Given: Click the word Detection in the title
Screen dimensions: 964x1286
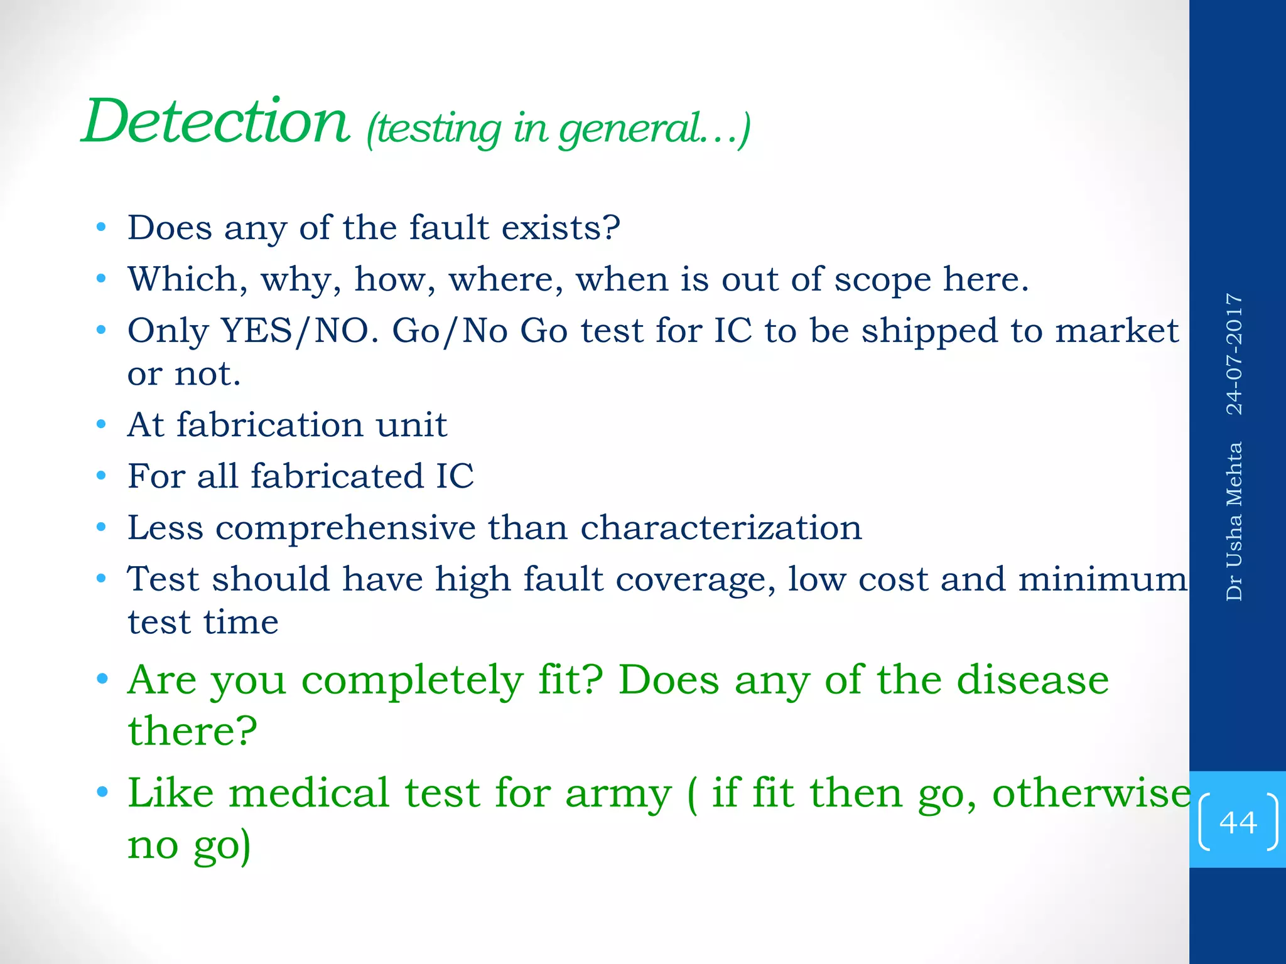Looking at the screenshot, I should click(216, 122).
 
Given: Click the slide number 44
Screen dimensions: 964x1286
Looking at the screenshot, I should click(1238, 822).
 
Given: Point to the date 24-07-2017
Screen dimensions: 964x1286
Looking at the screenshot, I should click(1235, 354).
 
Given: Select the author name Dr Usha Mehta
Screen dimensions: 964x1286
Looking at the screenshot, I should click(1235, 522).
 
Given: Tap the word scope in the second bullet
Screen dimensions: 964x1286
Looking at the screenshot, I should click(882, 279).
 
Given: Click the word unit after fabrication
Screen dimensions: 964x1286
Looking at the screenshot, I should click(411, 425).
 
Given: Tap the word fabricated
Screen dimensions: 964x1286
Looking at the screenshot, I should click(337, 476).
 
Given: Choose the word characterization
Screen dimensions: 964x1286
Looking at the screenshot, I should click(721, 527).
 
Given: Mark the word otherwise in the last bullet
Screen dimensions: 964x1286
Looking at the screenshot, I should click(1091, 793).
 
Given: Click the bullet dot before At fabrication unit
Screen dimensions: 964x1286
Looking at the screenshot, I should click(102, 426).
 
